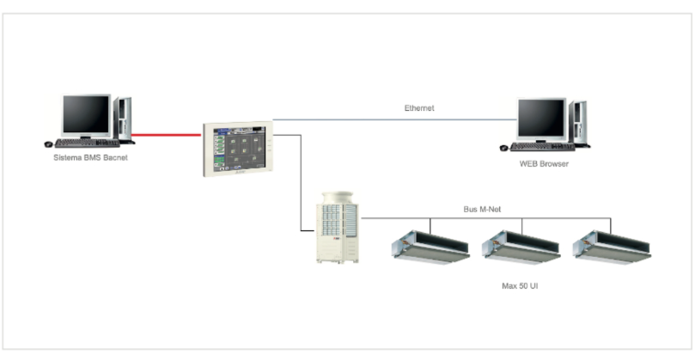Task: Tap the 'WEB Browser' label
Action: click(544, 163)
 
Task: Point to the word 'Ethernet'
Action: click(419, 108)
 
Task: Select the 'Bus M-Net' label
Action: click(476, 209)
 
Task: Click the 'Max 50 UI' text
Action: click(520, 283)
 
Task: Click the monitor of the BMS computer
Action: click(86, 113)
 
